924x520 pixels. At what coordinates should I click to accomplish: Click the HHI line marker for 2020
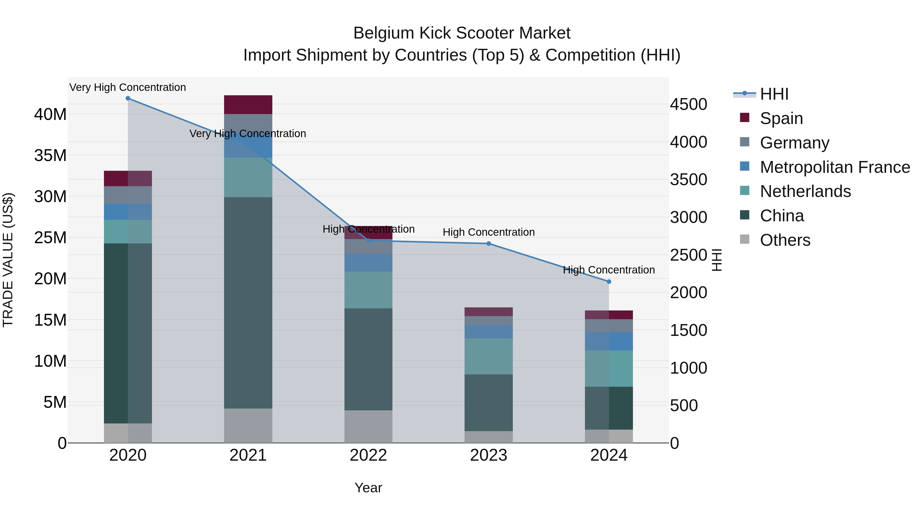(128, 98)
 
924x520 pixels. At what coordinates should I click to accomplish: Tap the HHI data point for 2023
(488, 244)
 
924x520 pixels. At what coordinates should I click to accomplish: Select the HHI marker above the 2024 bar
(609, 282)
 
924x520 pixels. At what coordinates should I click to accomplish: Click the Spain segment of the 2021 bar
(248, 105)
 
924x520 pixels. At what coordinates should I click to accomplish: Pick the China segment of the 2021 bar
(248, 302)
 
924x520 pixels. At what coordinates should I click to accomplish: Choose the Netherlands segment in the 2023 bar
(488, 356)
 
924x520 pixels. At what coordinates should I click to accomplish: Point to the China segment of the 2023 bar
(488, 403)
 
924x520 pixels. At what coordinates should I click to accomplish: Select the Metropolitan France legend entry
(835, 167)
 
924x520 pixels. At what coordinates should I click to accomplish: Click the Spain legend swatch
(745, 118)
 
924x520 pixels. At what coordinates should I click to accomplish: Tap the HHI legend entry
(774, 94)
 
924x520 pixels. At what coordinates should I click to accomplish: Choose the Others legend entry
(785, 240)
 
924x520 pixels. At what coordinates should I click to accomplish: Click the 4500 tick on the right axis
(688, 105)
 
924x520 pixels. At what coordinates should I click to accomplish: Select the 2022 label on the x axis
(368, 455)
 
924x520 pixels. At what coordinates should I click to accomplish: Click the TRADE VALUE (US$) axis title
(8, 260)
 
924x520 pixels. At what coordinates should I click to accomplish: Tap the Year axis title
(368, 488)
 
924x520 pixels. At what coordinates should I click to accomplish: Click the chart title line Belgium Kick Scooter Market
(462, 33)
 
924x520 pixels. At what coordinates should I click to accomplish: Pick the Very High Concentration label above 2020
(128, 87)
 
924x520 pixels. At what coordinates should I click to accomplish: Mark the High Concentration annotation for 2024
(609, 270)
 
